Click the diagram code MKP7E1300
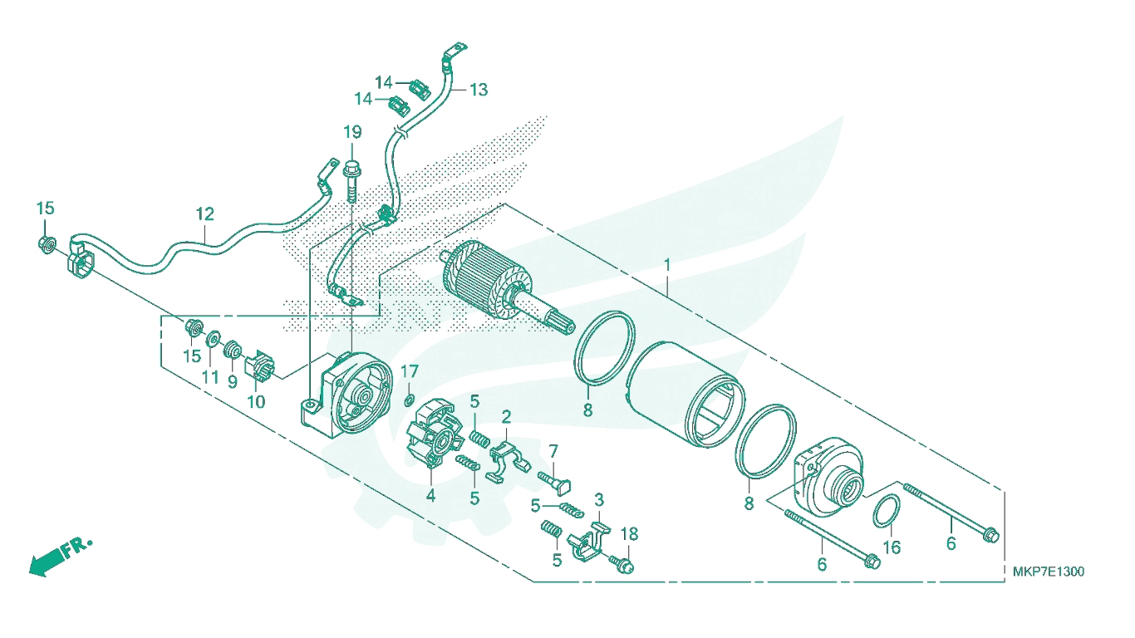pos(1049,572)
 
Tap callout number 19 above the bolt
pos(352,132)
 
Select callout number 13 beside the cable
pos(479,90)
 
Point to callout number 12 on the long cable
pos(205,213)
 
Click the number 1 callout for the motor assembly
pos(667,264)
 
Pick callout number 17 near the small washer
pos(410,372)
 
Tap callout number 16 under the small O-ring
pos(892,547)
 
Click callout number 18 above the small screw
pos(629,533)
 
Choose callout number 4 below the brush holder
pos(430,496)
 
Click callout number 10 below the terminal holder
pos(256,402)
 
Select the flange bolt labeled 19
pos(351,181)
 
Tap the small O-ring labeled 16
pos(887,512)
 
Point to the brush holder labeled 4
pos(434,434)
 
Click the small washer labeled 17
pos(409,401)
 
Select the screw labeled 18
pos(622,564)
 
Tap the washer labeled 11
pos(213,338)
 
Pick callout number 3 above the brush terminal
pos(599,500)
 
